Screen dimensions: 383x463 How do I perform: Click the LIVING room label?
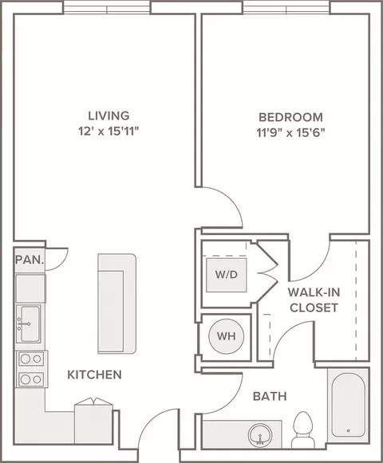tap(109, 116)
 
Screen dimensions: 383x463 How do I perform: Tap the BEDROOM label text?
tap(290, 117)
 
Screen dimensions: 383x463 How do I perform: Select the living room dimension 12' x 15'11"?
tap(109, 131)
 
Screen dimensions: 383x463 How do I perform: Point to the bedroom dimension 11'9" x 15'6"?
tap(290, 132)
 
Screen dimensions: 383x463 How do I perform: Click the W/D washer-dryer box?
tap(227, 275)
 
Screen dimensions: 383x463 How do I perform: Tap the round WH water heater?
tap(227, 336)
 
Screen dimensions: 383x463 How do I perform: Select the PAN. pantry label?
tap(30, 260)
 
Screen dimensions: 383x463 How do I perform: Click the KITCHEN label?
tap(95, 375)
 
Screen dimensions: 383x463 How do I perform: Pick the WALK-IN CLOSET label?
tap(314, 300)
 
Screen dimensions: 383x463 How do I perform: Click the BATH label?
tap(270, 396)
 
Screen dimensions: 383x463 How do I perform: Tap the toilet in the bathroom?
tap(303, 430)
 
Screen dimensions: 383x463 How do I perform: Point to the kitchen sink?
tap(29, 324)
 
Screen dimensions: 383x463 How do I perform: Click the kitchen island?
tap(116, 304)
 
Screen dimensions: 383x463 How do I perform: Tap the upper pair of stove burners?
tap(31, 359)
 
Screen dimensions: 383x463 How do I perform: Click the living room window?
tap(107, 8)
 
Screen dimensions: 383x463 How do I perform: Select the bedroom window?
tap(286, 8)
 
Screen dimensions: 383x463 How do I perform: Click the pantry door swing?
tap(57, 259)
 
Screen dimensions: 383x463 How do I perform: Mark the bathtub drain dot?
tap(349, 431)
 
